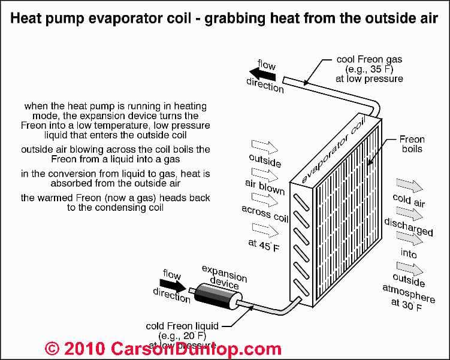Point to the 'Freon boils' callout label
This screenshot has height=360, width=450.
coord(411,144)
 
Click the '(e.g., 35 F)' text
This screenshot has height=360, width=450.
coord(376,69)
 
